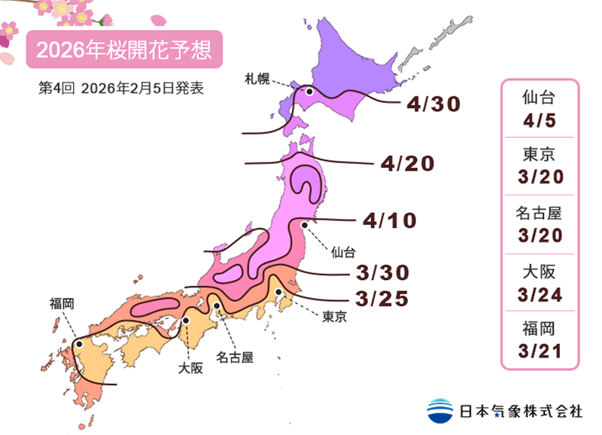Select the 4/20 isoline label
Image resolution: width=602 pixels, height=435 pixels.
(x=408, y=163)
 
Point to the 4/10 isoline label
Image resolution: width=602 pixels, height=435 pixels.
(x=389, y=221)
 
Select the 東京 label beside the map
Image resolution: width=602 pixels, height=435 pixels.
(x=333, y=317)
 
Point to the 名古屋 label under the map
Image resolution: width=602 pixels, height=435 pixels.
(x=234, y=356)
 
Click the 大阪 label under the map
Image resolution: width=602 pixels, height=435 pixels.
(x=190, y=368)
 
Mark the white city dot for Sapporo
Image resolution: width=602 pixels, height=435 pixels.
(x=309, y=92)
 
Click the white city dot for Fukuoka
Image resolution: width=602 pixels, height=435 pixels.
(x=79, y=345)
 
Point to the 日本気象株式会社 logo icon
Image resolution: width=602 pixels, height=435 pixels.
(x=440, y=409)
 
